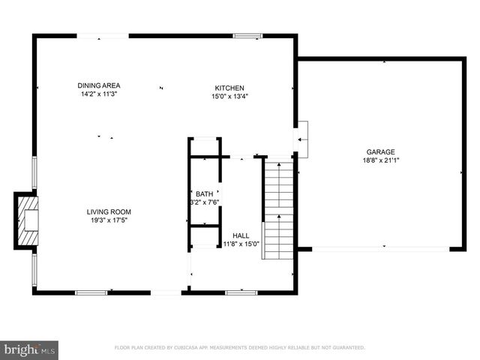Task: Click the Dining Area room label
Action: pyautogui.click(x=100, y=85)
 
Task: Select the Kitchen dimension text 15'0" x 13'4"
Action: pyautogui.click(x=229, y=96)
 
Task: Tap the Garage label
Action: pyautogui.click(x=380, y=151)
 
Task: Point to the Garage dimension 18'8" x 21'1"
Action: pyautogui.click(x=380, y=160)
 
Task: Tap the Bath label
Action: pyautogui.click(x=204, y=193)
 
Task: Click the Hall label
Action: pyautogui.click(x=241, y=235)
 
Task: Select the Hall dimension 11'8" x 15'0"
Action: pyautogui.click(x=241, y=243)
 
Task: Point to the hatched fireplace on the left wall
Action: pyautogui.click(x=27, y=219)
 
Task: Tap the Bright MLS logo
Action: pyautogui.click(x=30, y=349)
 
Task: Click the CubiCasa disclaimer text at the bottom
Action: pyautogui.click(x=239, y=348)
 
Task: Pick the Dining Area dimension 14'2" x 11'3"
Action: pyautogui.click(x=100, y=94)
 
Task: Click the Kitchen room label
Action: pyautogui.click(x=229, y=88)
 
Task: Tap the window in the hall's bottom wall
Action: pyautogui.click(x=241, y=292)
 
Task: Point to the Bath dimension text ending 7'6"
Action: pyautogui.click(x=203, y=202)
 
